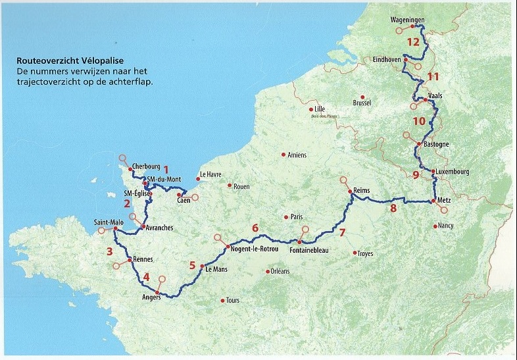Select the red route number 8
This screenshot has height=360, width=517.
click(393, 209)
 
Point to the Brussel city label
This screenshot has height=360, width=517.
click(362, 103)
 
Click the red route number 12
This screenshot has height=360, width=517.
click(413, 41)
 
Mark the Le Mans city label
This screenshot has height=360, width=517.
click(216, 269)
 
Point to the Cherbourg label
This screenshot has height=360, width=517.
click(146, 167)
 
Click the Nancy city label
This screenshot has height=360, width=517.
click(445, 226)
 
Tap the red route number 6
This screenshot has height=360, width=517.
click(255, 228)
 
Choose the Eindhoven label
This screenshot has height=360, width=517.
click(387, 59)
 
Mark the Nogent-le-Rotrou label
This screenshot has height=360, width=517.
click(255, 248)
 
